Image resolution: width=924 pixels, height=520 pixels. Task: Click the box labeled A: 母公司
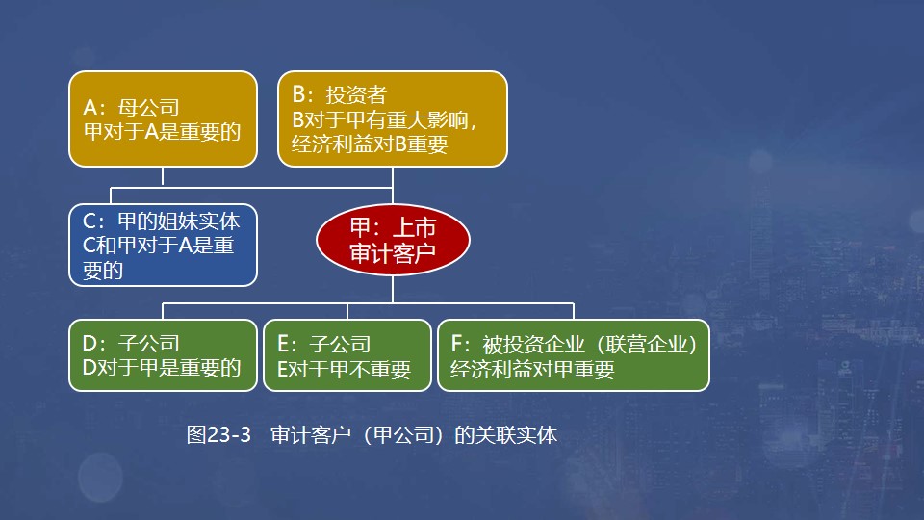[163, 117]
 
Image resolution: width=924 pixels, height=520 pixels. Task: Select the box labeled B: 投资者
[392, 117]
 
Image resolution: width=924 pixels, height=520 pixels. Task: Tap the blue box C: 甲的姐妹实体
[163, 245]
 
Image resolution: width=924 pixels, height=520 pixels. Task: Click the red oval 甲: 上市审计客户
[392, 240]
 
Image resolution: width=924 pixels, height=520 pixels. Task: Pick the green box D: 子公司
[163, 355]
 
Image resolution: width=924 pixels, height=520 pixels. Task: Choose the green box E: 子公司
[346, 355]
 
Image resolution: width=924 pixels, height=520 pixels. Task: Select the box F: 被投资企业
[573, 355]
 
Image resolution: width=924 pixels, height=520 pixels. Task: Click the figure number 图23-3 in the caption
[218, 434]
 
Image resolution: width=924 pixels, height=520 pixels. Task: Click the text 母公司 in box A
[148, 107]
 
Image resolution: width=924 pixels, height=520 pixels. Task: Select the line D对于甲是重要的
[163, 369]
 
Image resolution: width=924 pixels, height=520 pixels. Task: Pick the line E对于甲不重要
[343, 370]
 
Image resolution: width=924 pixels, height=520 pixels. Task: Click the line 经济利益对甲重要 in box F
[531, 370]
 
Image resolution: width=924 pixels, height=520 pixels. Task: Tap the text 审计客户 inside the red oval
[392, 254]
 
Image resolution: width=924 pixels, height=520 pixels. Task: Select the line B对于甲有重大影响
[383, 120]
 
